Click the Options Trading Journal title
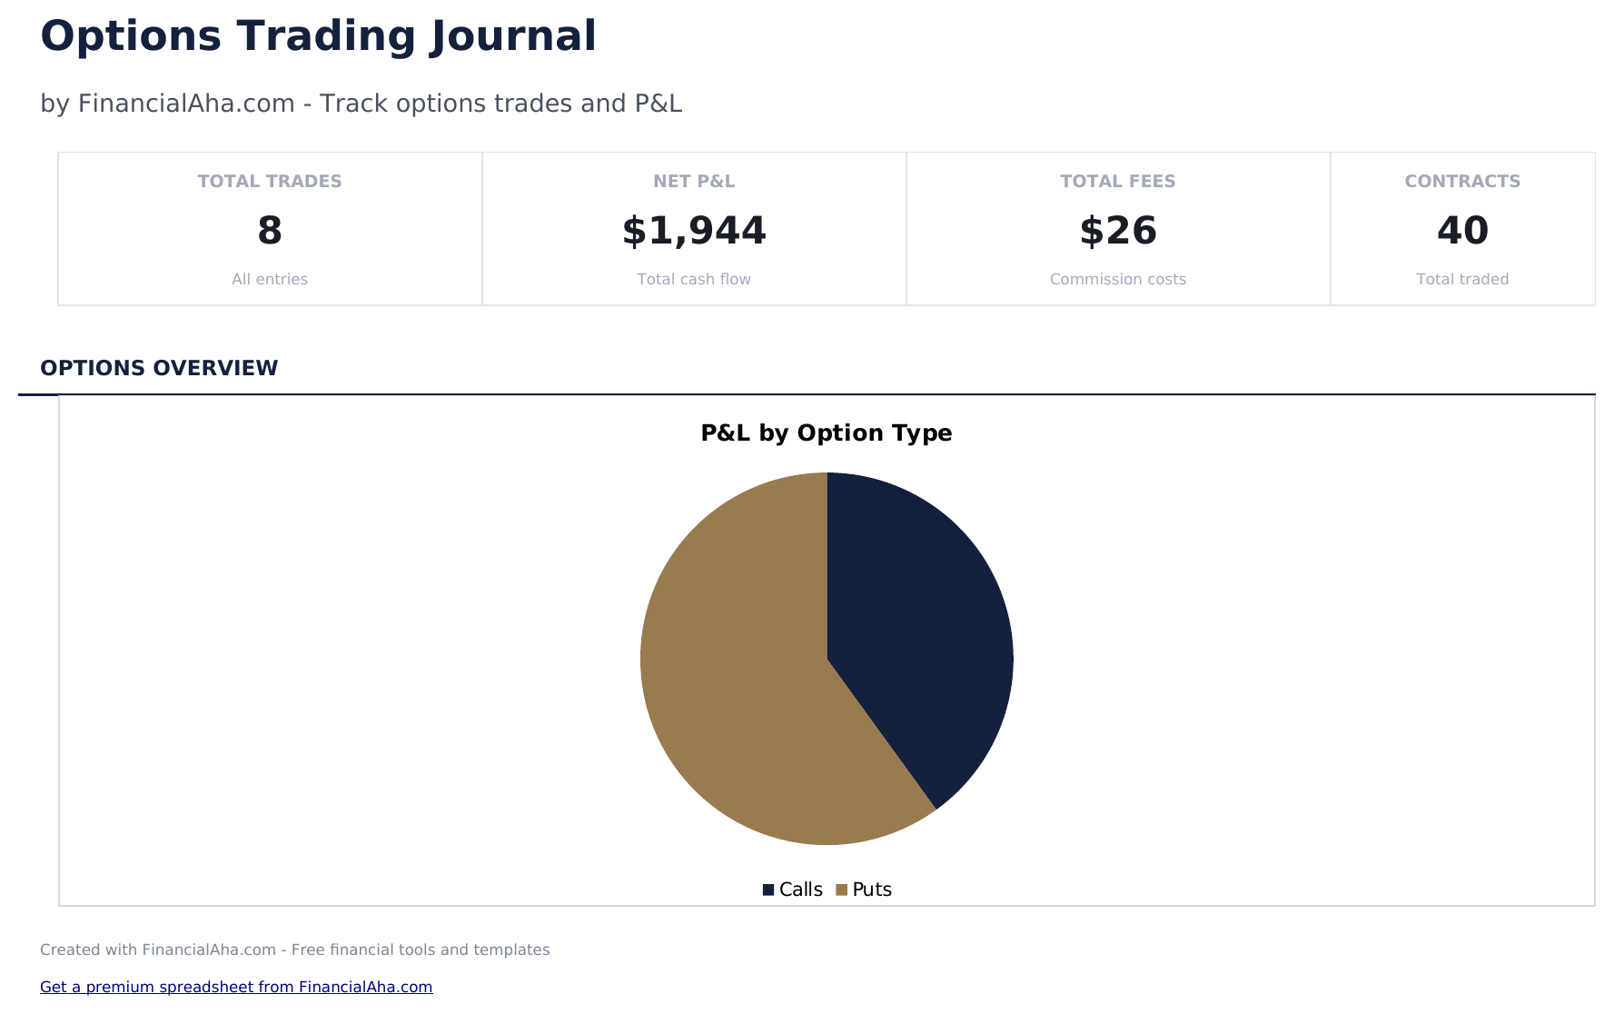(x=318, y=37)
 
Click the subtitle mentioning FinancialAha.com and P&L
(x=361, y=104)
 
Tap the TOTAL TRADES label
(x=270, y=181)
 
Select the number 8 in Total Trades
(x=270, y=231)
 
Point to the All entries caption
(x=270, y=279)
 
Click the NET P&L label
(x=694, y=181)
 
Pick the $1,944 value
(x=694, y=231)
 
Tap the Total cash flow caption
(x=694, y=279)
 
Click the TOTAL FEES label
(x=1118, y=181)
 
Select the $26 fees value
(x=1118, y=231)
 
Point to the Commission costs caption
(x=1118, y=279)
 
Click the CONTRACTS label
(x=1462, y=181)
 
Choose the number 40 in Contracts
(x=1462, y=231)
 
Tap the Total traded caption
(x=1462, y=279)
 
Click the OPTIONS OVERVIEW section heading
(x=159, y=368)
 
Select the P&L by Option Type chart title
(x=827, y=432)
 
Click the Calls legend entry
(x=793, y=890)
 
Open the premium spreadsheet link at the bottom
(x=236, y=987)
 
